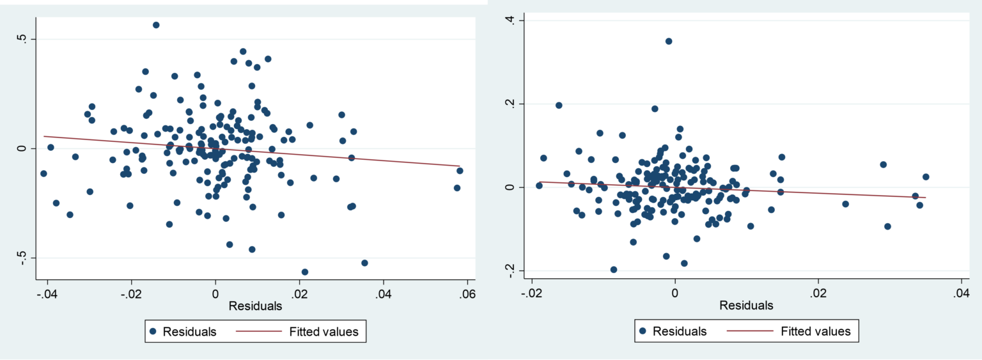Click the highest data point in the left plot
point(156,25)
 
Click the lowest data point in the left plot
point(305,272)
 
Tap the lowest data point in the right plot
point(614,269)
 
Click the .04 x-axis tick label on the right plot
point(961,292)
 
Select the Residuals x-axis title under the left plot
point(255,306)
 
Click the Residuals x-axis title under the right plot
point(746,306)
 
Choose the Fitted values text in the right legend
point(816,331)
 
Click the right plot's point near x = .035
point(925,176)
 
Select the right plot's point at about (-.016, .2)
point(559,105)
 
